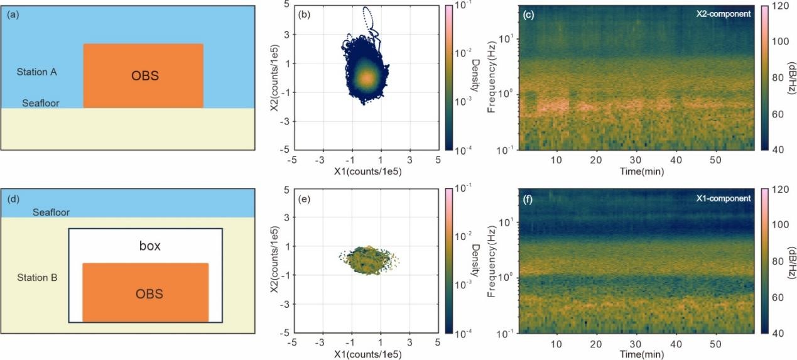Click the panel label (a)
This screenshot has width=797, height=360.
pyautogui.click(x=12, y=14)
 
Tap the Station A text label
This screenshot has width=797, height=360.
pyautogui.click(x=36, y=72)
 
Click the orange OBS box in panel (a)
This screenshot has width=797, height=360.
pyautogui.click(x=143, y=76)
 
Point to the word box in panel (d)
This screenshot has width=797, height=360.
pyautogui.click(x=149, y=246)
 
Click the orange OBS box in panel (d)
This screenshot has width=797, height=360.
pyautogui.click(x=145, y=293)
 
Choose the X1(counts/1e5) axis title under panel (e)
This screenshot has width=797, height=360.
pyautogui.click(x=364, y=355)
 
